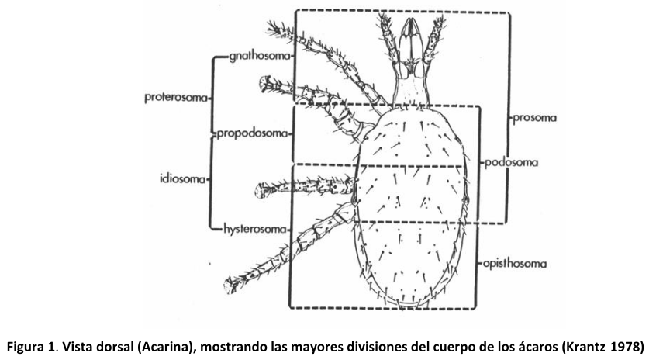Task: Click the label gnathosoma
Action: coord(261,57)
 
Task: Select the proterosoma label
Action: coord(176,98)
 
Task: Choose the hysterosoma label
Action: coord(255,229)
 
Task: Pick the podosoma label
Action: coord(512,164)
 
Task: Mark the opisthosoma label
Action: coord(514,263)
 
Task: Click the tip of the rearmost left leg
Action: coord(229,288)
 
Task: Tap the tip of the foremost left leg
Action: coord(272,29)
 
